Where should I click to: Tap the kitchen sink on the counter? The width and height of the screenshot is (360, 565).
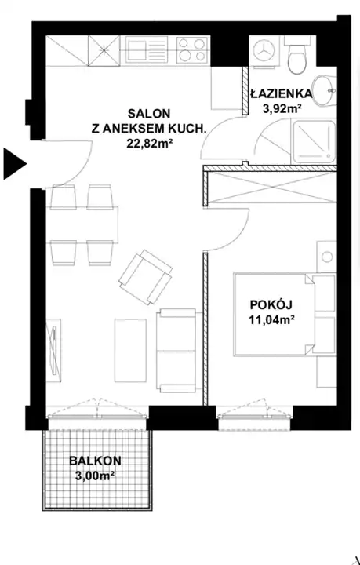coord(147,49)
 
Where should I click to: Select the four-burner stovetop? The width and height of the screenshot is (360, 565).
coord(192,49)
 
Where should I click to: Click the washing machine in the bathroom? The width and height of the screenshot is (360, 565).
coord(264,51)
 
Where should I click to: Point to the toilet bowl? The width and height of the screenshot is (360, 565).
coord(296,56)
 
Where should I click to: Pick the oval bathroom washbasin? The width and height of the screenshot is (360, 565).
coord(324,91)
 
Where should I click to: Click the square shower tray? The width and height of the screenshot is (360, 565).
coord(315,141)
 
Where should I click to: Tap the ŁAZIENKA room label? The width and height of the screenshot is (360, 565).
coord(281,93)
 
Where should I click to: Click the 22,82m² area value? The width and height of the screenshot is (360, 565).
coord(148,144)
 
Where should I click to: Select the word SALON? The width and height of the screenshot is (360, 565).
coord(149,114)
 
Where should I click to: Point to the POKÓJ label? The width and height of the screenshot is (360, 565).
coord(271,304)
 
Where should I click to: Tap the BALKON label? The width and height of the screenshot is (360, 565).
coord(95,460)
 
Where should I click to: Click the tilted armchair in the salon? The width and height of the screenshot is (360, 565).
coord(145,277)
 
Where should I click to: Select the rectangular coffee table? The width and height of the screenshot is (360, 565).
coord(130,350)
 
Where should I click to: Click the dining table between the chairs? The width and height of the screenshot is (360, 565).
coord(82,225)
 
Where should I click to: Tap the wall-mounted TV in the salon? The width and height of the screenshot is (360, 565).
coord(53,351)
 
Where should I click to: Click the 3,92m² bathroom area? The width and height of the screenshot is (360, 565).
coord(282,108)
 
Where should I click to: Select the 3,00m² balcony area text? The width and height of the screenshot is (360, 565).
coord(95,476)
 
